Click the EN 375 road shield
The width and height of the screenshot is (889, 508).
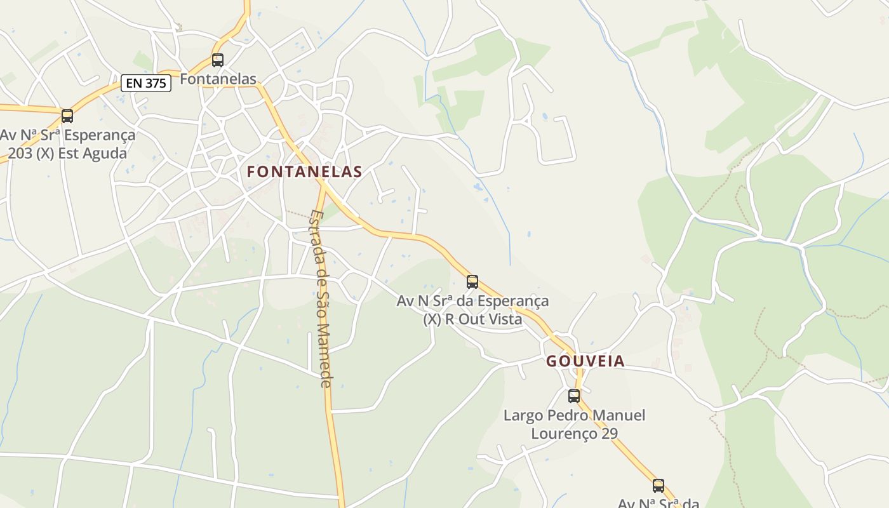coord(146,83)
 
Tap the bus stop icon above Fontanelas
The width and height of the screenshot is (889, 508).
coord(218,60)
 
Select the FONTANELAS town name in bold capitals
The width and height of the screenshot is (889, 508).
coord(304,171)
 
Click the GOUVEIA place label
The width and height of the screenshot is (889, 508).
coord(585,361)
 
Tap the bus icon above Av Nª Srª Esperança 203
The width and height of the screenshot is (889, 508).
coord(67,116)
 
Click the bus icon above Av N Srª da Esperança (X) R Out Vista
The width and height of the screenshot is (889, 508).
coord(472,282)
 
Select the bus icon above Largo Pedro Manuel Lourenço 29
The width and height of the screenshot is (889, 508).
coord(574,396)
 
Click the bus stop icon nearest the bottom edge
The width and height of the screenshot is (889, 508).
coord(658,486)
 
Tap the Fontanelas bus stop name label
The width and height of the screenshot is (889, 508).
coord(218,79)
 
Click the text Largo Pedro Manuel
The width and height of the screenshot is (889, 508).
coord(574,415)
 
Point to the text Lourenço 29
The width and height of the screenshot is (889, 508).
coord(574,434)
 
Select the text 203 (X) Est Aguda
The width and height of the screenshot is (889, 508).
coord(67,153)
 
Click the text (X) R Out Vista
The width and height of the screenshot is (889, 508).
coord(472,319)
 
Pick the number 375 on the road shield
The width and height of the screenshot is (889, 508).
coord(155,83)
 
